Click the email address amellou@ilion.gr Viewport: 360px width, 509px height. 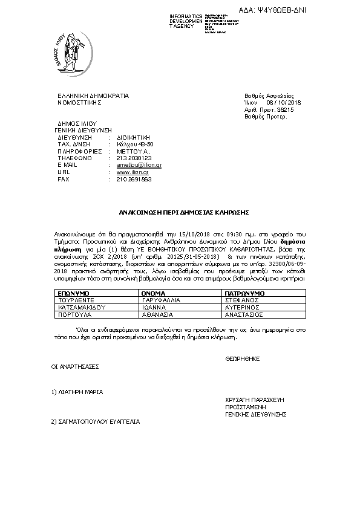134,164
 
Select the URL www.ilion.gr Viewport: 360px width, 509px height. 128,172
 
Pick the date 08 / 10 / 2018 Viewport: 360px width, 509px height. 284,103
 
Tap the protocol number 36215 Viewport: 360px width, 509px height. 285,110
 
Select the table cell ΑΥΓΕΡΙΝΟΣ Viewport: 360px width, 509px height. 244,307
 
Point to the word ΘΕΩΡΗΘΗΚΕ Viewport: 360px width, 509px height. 242,358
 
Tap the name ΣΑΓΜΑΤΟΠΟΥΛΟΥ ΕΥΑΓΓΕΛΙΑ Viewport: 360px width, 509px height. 96,421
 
